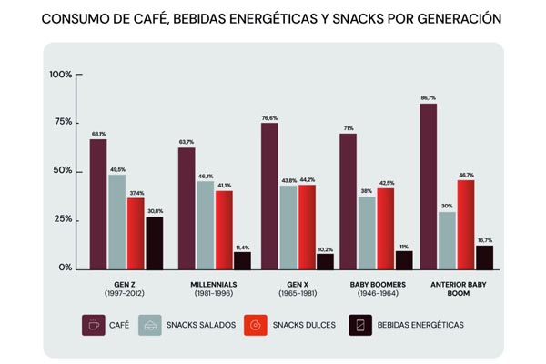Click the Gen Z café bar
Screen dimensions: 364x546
point(97,204)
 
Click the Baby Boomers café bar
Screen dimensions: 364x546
point(348,201)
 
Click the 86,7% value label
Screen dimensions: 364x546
point(428,97)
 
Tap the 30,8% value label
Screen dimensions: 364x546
point(155,211)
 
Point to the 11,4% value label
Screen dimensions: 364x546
point(242,247)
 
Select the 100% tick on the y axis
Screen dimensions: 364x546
point(60,75)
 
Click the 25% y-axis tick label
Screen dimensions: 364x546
point(62,219)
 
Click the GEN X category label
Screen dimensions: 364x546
point(297,285)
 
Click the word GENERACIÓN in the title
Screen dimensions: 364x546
point(453,16)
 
